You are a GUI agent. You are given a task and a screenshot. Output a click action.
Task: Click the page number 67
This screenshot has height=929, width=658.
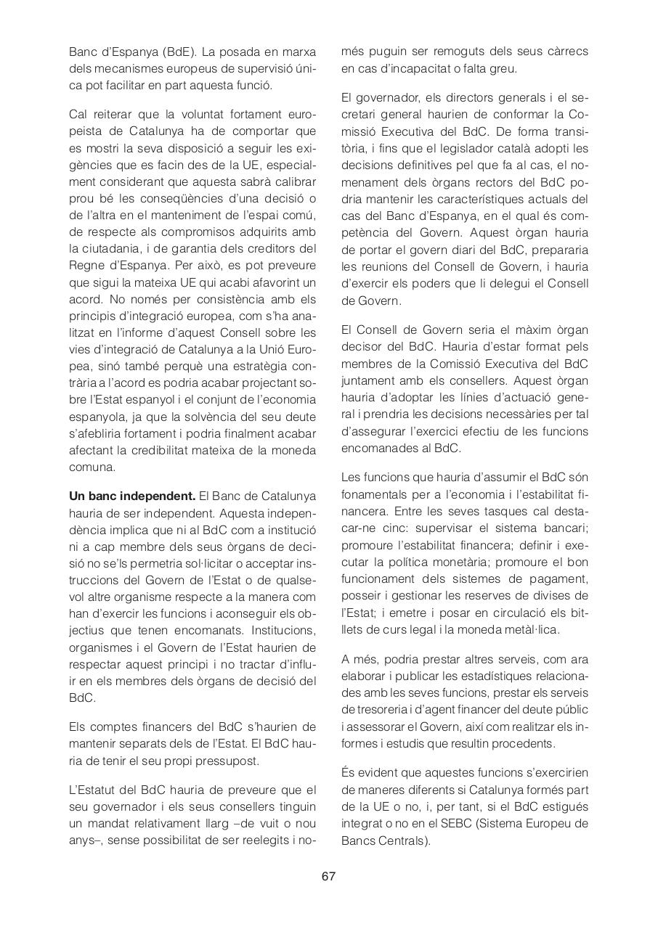click(328, 876)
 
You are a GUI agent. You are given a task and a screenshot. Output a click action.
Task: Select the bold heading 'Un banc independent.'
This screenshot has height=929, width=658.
click(132, 496)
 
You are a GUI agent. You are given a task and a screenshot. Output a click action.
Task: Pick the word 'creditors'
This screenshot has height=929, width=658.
click(257, 248)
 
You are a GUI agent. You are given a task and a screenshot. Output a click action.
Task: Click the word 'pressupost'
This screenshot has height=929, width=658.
click(229, 761)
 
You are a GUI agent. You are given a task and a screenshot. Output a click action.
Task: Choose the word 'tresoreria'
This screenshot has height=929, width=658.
click(383, 710)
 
